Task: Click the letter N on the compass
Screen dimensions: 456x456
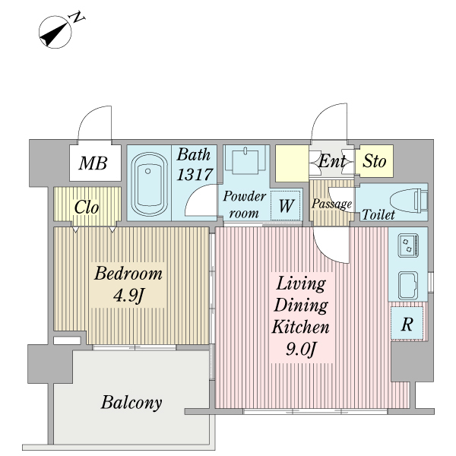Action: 76,17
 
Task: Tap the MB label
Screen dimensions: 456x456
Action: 93,163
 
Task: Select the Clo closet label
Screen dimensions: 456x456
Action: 87,207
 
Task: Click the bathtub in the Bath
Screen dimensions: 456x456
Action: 149,184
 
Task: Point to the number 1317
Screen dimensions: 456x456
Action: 195,175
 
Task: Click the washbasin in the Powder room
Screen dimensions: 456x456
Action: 245,160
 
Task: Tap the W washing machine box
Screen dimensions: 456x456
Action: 286,205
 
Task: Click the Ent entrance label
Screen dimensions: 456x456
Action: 332,161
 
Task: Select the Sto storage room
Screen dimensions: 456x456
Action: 374,161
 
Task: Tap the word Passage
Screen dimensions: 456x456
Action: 331,204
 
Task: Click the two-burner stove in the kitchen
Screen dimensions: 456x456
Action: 408,245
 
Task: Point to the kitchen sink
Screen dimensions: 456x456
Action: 408,285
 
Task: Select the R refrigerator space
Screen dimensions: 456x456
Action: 407,324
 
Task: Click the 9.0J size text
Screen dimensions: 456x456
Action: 301,349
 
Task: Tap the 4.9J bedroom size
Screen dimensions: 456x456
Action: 128,296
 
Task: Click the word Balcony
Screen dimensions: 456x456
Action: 131,403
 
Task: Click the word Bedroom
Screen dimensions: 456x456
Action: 128,274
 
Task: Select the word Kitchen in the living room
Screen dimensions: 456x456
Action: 301,327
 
